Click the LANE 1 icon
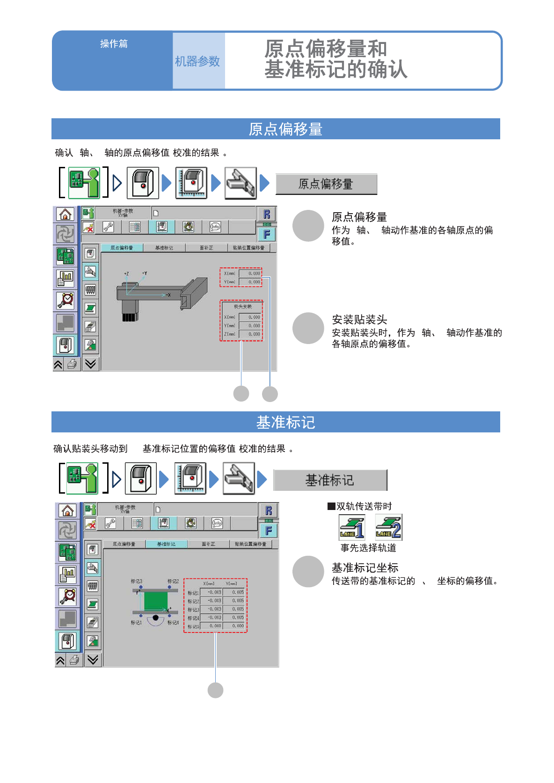pos(352,527)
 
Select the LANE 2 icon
pos(388,527)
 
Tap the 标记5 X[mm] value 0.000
pos(215,626)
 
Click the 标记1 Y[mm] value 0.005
pos(237,592)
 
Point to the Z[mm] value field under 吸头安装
pos(250,334)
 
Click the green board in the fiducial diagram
pos(156,601)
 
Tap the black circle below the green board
pos(156,618)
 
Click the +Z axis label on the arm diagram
pos(126,273)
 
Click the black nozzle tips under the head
pos(129,317)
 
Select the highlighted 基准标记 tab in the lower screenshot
pos(166,544)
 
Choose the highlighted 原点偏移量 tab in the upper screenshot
pos(122,248)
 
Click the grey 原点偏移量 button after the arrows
pos(326,184)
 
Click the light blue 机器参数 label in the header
pos(197,61)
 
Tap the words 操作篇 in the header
pos(114,44)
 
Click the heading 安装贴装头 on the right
pos(359,320)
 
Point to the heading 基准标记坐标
pos(365,568)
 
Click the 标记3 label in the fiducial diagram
pos(136,581)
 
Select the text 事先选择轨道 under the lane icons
pos(368,548)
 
